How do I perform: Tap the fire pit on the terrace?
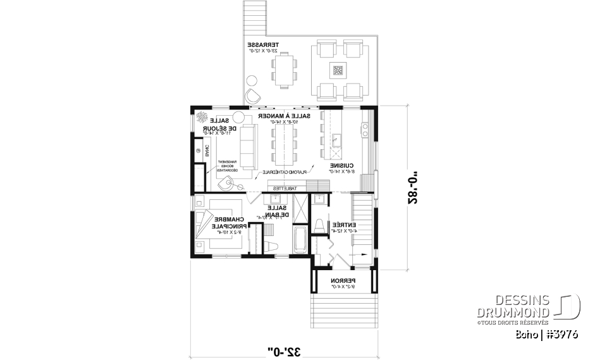pos(337,70)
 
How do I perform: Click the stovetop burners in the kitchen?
pos(365,130)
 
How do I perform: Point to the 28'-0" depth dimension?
pos(412,186)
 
